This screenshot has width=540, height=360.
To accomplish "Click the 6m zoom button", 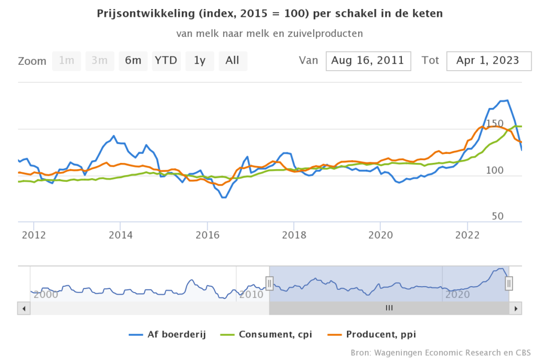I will (133, 61).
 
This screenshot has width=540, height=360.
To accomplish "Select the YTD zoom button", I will (166, 61).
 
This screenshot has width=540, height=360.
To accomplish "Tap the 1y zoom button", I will (199, 61).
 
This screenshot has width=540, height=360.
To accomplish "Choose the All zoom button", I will (233, 61).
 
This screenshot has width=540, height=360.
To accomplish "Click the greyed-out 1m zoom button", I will (66, 61).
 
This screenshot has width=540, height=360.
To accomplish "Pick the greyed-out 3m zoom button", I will (100, 61).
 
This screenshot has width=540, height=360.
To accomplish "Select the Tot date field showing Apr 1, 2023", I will (487, 61).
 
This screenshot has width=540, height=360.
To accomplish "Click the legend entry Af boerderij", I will (168, 334).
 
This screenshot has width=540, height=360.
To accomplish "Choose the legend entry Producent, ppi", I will (377, 334).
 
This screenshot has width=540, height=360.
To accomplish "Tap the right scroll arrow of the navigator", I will (517, 308).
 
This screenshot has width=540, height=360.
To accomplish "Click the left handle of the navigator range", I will (269, 284).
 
